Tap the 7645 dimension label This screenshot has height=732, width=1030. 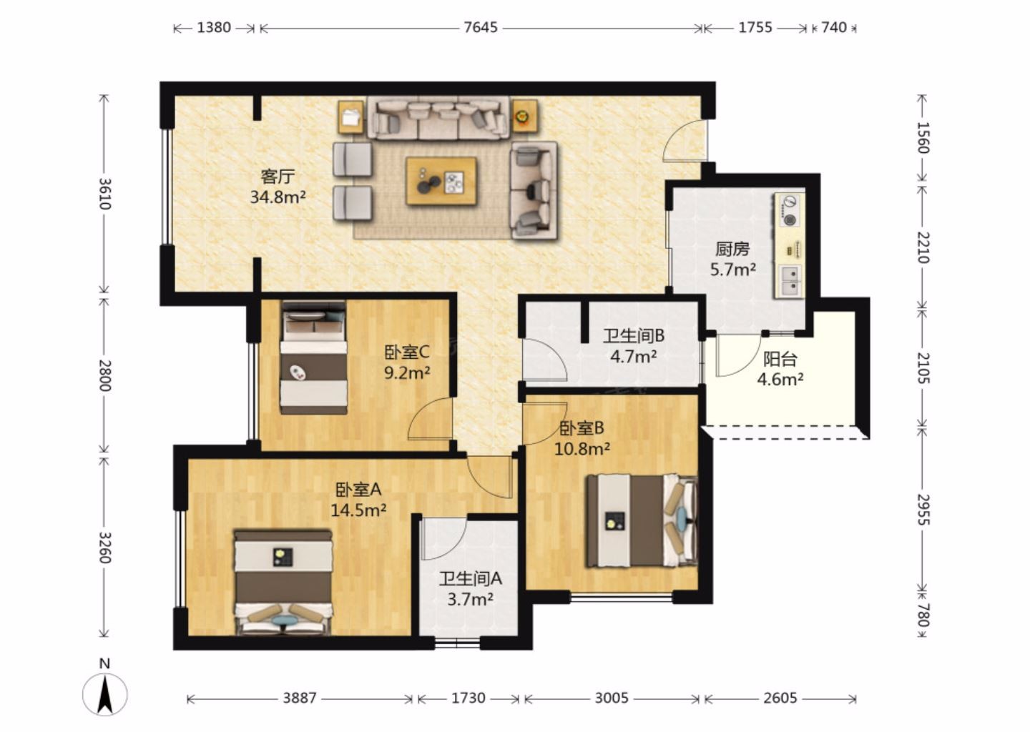click(481, 28)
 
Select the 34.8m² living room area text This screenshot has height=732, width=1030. click(278, 197)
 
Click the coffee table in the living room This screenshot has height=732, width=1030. click(441, 181)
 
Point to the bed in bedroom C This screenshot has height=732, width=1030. click(313, 357)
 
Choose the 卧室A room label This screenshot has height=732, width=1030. click(358, 490)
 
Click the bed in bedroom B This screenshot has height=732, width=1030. click(642, 520)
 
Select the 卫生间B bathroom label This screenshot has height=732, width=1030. click(634, 336)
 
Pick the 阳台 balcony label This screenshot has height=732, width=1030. click(780, 360)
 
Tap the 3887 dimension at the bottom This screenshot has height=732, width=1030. click(300, 698)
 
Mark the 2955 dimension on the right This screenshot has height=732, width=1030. click(923, 510)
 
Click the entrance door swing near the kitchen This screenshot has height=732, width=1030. click(685, 139)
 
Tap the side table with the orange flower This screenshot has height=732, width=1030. click(525, 117)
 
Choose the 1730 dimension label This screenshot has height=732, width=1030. click(468, 698)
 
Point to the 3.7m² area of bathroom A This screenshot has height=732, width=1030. click(471, 599)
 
